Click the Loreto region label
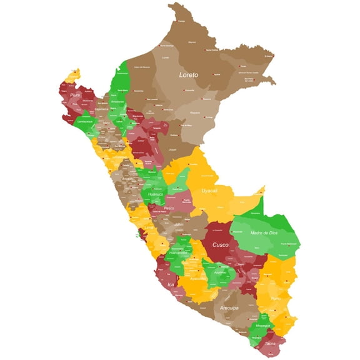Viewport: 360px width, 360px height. tap(188, 75)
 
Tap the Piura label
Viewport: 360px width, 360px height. tap(76, 95)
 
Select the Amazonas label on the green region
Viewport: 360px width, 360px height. tap(117, 101)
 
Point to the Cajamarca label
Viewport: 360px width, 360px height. tap(102, 108)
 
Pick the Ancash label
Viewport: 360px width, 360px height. tap(127, 178)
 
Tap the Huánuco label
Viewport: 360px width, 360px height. tap(156, 194)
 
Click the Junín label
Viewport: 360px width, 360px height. tap(180, 224)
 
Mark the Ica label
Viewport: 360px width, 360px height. tap(170, 284)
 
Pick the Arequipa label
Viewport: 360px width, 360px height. tap(229, 307)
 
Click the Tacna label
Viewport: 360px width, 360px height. tap(269, 344)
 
